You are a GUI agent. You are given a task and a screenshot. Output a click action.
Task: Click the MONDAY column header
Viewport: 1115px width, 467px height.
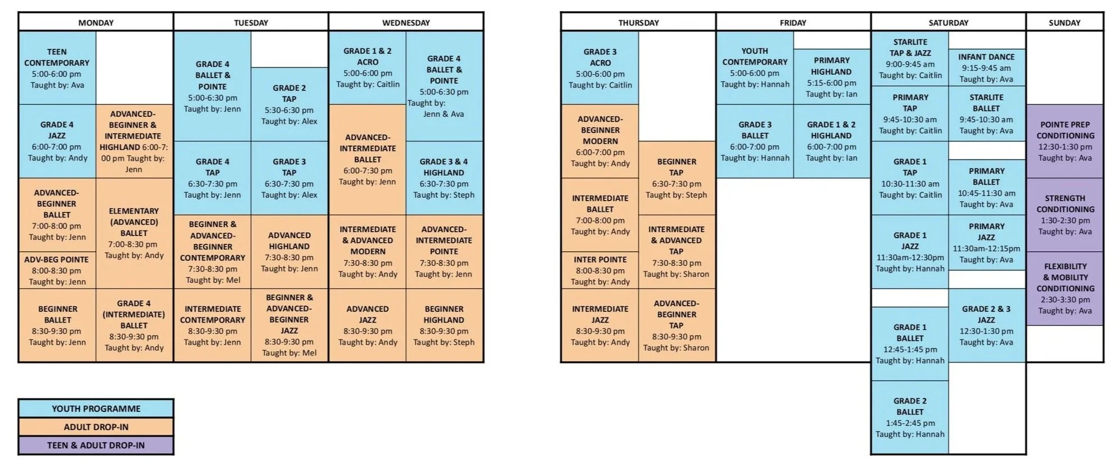tap(96, 22)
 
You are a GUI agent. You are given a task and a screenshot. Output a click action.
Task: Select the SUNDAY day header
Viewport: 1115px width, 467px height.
tap(1064, 22)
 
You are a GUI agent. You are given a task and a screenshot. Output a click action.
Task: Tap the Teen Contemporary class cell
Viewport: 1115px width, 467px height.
tap(57, 68)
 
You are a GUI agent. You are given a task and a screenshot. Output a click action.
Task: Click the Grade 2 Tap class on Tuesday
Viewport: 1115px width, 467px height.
tap(289, 105)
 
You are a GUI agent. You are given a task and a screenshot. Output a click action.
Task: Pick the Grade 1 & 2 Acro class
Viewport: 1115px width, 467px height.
tap(368, 67)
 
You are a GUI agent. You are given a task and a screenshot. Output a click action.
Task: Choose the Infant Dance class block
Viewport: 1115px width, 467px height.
tap(986, 67)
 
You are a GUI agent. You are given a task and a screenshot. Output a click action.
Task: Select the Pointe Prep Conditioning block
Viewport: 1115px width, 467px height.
tap(1065, 141)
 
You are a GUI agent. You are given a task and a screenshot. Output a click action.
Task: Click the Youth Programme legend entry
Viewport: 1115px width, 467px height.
tap(96, 409)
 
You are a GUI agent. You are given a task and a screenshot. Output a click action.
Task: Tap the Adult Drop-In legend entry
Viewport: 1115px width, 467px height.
tap(96, 427)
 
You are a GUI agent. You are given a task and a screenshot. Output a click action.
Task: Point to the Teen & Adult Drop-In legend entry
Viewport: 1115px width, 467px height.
tap(96, 445)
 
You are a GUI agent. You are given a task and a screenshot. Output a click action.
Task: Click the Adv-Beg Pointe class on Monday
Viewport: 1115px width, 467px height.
tap(57, 270)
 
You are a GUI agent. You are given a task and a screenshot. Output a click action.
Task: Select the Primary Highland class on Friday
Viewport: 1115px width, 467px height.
tap(831, 77)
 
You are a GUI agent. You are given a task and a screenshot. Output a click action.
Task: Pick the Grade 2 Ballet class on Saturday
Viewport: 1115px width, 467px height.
tap(909, 417)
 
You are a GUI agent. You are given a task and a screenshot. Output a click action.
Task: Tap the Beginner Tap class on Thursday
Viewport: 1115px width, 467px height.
tap(676, 178)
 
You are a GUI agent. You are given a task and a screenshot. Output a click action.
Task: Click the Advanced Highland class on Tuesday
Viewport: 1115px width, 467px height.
tap(289, 252)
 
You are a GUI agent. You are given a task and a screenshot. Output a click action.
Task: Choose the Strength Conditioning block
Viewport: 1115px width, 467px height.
tap(1065, 215)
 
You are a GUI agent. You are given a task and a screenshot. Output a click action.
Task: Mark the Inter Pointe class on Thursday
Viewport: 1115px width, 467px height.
tap(600, 270)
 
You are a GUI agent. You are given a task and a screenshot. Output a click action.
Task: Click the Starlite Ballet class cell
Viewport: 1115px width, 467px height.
tap(986, 114)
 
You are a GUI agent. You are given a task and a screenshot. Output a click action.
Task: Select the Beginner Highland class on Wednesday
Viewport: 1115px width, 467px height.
tap(444, 325)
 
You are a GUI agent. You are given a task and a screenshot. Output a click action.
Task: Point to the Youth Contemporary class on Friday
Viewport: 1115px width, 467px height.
tap(754, 67)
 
